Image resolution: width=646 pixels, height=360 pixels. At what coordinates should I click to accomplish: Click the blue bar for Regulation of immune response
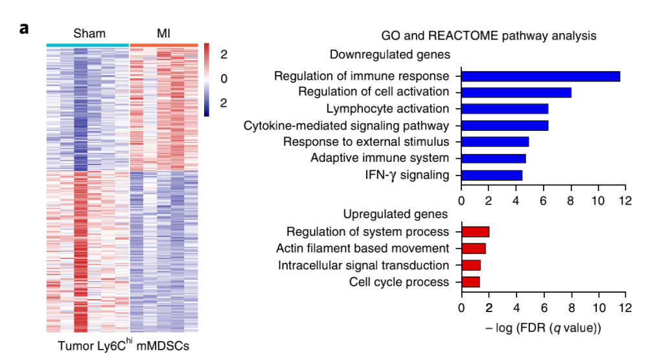(x=540, y=76)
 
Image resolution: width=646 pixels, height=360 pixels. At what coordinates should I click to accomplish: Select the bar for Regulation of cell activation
(x=516, y=92)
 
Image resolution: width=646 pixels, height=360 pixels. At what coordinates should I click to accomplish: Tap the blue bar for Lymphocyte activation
(x=505, y=109)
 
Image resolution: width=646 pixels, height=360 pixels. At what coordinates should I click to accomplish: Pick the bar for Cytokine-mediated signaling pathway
(x=505, y=125)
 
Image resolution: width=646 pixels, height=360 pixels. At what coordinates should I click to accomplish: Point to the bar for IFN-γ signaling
(x=492, y=175)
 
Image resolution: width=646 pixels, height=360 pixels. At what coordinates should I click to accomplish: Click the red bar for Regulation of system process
(x=475, y=232)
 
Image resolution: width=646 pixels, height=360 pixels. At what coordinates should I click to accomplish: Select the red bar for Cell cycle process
(x=470, y=282)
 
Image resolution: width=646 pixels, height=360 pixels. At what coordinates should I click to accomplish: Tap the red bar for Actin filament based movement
(x=473, y=248)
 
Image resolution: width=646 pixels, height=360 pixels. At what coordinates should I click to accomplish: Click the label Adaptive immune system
(x=380, y=158)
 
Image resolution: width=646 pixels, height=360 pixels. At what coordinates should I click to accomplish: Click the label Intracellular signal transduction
(x=363, y=265)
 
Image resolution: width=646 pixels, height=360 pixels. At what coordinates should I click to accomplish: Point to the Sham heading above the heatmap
(x=89, y=34)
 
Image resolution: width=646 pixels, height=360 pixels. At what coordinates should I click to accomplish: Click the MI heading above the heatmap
(x=163, y=34)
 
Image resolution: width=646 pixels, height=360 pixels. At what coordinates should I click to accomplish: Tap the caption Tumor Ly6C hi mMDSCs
(x=123, y=346)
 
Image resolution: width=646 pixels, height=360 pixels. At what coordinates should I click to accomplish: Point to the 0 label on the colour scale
(x=224, y=79)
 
